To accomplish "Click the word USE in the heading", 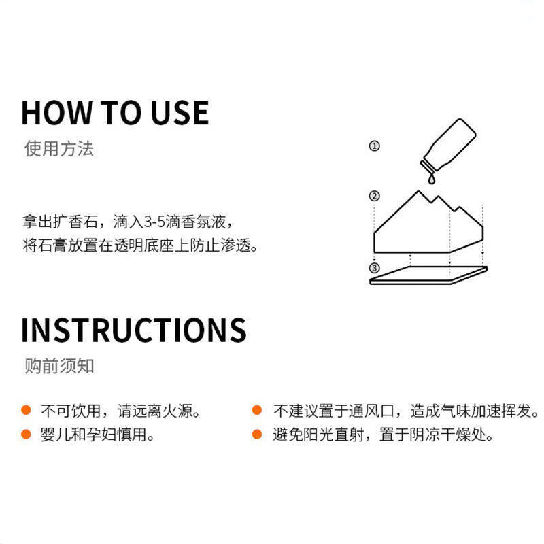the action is coord(180,112).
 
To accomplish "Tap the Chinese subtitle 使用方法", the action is coord(59,148).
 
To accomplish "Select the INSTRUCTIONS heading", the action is coord(134,330).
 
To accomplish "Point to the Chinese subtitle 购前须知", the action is coord(59,366).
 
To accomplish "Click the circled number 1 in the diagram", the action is coord(374,146).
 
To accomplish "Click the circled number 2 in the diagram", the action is coord(374,196).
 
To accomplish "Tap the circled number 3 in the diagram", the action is coord(374,268).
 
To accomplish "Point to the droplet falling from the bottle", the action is coord(431,179).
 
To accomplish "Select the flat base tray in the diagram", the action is coord(428,275).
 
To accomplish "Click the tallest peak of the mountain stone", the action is coord(418,192).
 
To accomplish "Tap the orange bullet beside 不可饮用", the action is coord(26,410).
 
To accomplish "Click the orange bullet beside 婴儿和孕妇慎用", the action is coord(26,434).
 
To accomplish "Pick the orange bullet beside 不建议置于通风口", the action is coord(257,410).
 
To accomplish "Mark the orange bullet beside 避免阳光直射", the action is coord(257,434).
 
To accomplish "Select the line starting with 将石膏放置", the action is coord(140,245).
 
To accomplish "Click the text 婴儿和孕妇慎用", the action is coord(97,434).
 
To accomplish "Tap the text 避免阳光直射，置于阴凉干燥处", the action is coord(383,434).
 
